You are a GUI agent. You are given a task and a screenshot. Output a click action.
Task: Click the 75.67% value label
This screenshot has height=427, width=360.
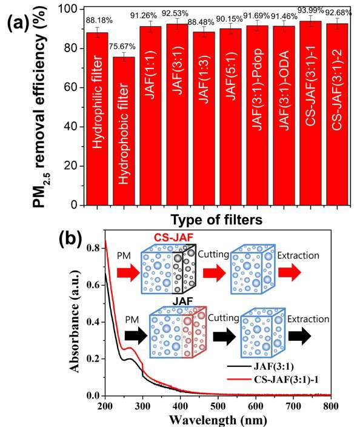[x=122, y=47]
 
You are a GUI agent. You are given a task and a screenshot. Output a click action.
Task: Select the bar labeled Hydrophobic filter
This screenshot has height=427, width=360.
[x=124, y=131]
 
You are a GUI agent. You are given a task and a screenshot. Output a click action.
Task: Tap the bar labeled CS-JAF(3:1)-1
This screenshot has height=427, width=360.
[x=310, y=113]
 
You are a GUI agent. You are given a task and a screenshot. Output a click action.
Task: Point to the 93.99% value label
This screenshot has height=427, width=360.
[x=310, y=10]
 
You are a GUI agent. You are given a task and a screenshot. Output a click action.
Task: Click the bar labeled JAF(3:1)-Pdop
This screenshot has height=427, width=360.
[x=257, y=115]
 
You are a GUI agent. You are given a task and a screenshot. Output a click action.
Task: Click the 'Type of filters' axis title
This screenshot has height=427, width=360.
[x=216, y=220]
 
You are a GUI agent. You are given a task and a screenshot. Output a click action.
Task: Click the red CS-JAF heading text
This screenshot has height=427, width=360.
[x=173, y=238]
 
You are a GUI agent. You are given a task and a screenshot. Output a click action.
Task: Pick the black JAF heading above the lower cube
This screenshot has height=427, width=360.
[x=182, y=301]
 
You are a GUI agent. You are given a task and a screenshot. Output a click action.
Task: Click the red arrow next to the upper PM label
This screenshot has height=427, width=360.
[x=128, y=272]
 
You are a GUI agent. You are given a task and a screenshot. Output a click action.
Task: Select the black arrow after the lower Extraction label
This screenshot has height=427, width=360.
[x=299, y=336]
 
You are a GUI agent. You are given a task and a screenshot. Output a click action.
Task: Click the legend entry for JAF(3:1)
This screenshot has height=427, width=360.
[x=261, y=366]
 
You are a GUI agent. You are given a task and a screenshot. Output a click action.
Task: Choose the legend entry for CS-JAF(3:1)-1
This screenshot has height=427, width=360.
[x=273, y=379]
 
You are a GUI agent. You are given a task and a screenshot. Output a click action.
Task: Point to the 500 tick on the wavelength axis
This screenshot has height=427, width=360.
[x=218, y=406]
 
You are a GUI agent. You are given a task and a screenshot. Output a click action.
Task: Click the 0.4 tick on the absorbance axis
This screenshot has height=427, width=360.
[x=93, y=322]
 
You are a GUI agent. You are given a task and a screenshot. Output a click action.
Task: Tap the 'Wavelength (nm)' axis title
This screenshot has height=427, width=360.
[x=218, y=420]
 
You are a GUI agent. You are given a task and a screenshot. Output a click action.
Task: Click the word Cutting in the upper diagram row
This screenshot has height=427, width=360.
[x=213, y=255]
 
